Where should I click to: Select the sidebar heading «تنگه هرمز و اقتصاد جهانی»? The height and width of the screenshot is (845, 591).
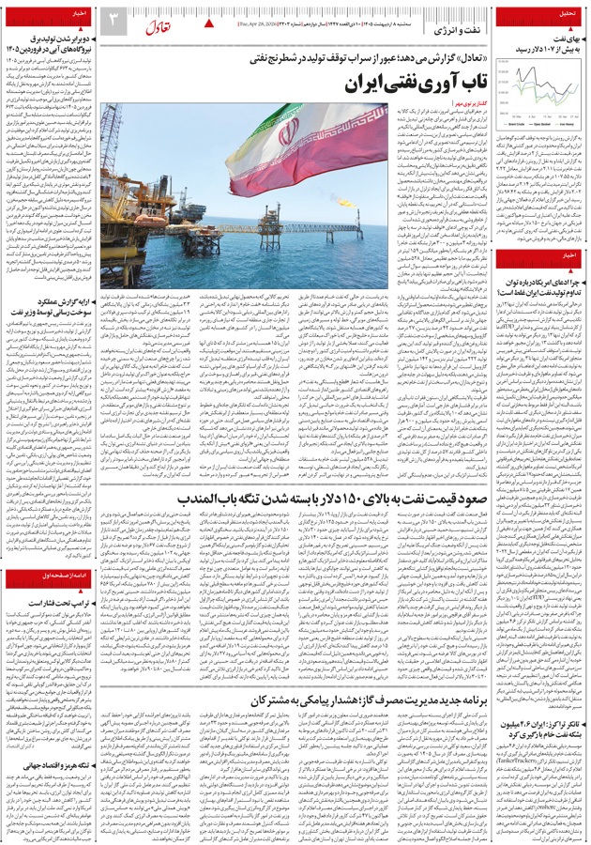pos(51,739)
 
